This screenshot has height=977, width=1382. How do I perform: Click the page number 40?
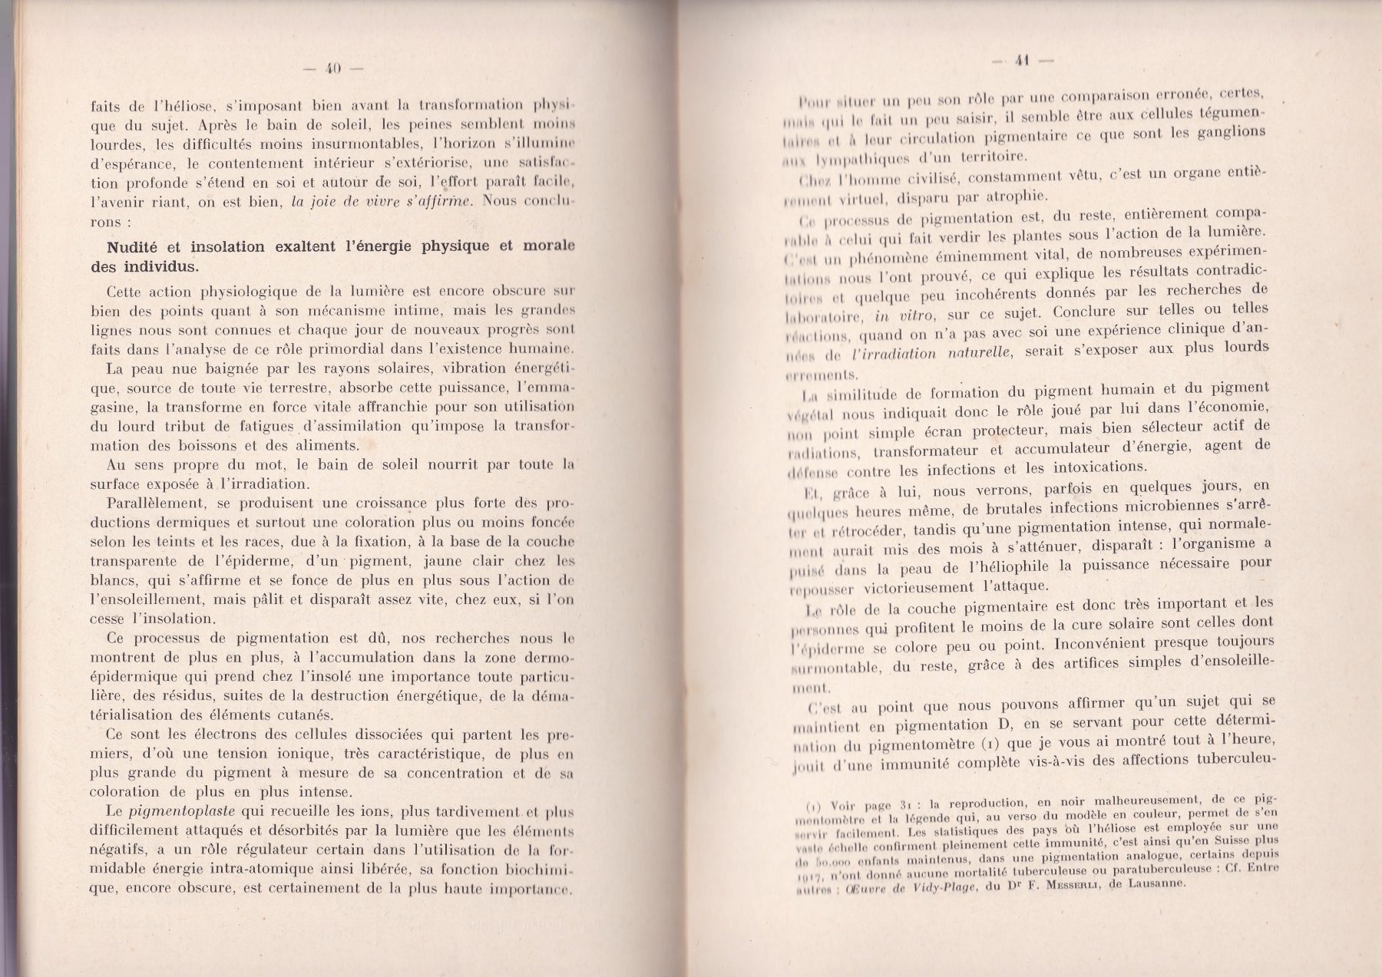pyautogui.click(x=332, y=68)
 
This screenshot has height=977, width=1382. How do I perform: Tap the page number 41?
pyautogui.click(x=1020, y=62)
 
